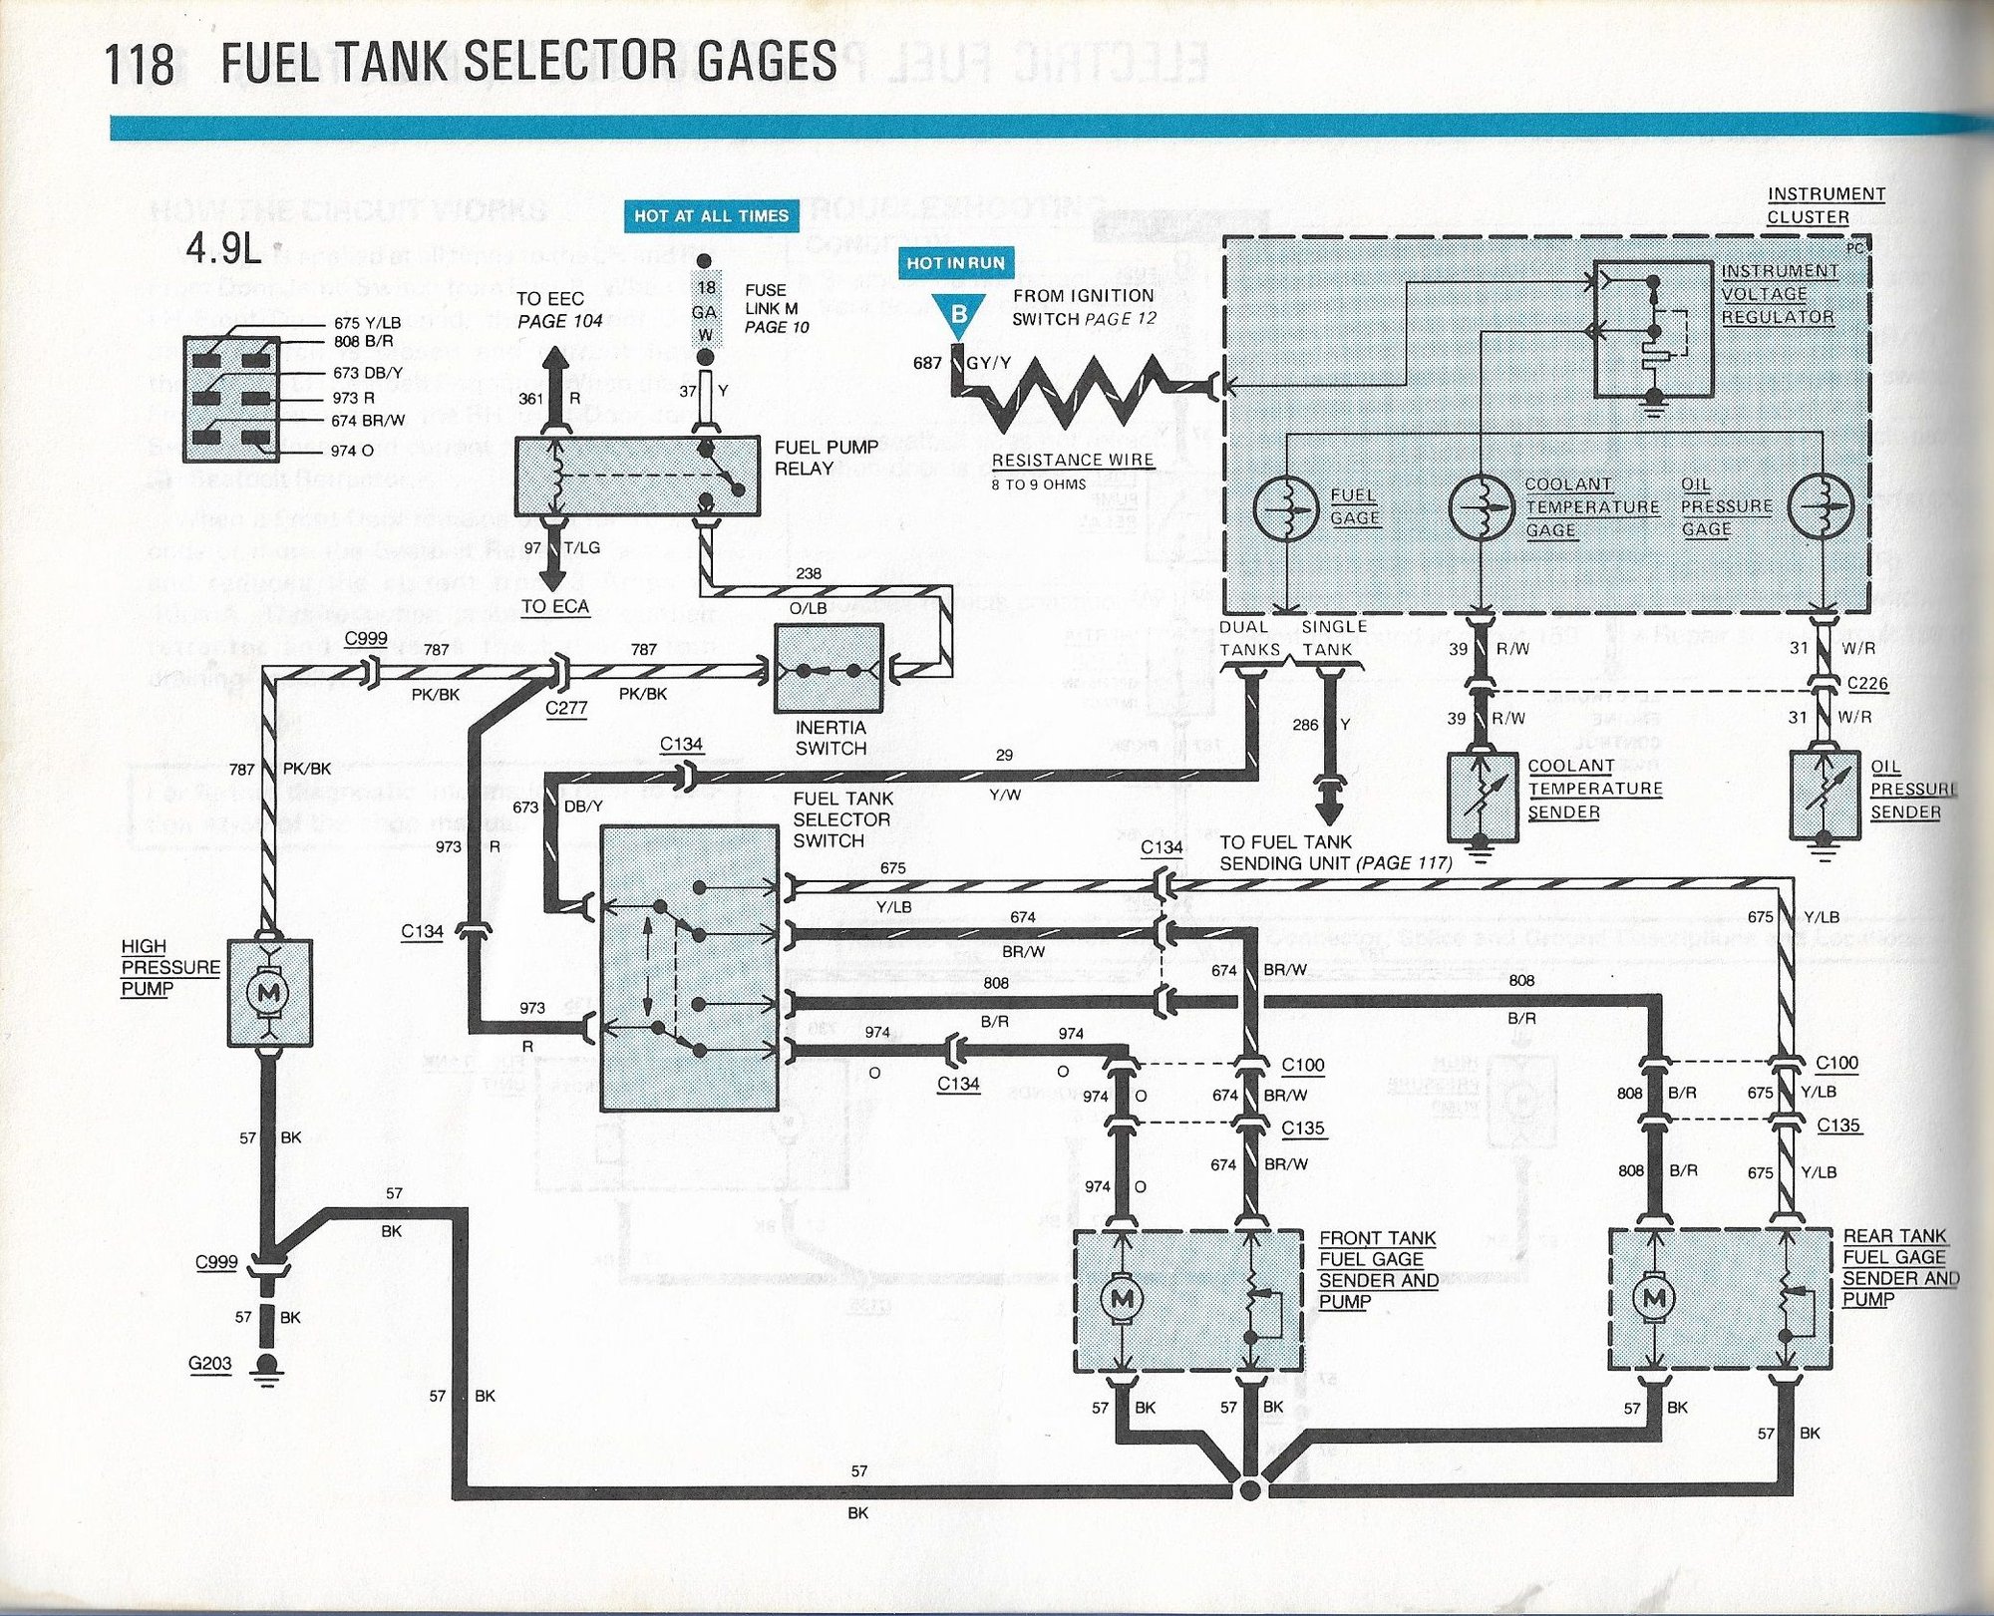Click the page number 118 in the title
[139, 64]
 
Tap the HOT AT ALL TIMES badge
[711, 215]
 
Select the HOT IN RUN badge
[955, 263]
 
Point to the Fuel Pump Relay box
[636, 477]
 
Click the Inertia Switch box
[829, 669]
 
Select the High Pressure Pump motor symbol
[269, 993]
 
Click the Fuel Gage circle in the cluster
[1286, 507]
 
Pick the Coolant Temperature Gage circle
[1481, 507]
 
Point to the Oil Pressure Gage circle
[1820, 506]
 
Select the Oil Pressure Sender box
[1825, 795]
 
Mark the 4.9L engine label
[223, 249]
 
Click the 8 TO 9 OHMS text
[1038, 485]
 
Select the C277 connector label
[565, 708]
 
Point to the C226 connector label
[1866, 684]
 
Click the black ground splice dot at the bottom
[1247, 1490]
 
